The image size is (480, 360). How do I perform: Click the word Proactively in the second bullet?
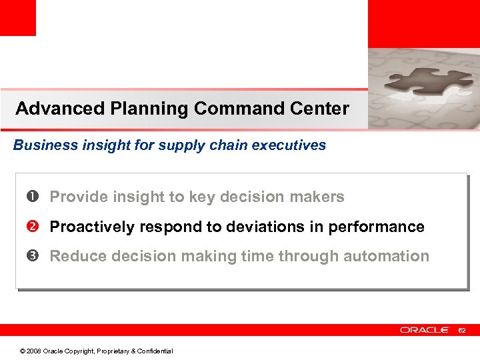pos(91,227)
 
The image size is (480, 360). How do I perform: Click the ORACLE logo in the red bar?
pos(425,330)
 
